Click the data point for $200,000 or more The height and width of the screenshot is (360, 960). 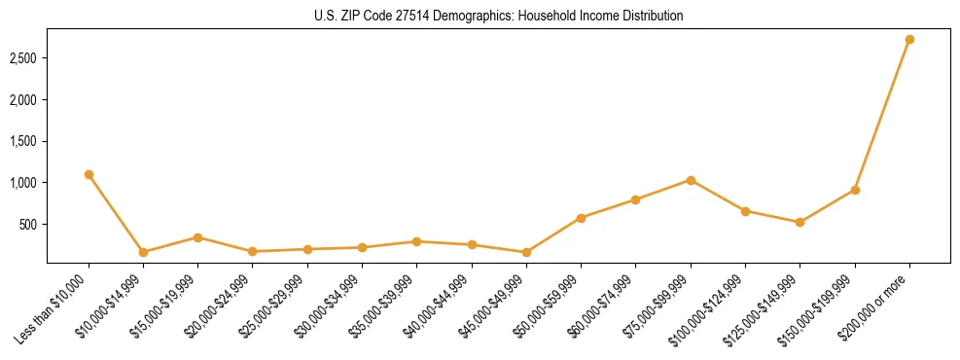click(909, 40)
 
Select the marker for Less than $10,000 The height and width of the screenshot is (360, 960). click(89, 174)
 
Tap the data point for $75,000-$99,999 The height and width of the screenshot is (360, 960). click(691, 180)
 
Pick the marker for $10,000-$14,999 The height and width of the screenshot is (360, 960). click(143, 252)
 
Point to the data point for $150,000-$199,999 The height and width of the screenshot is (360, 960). click(855, 190)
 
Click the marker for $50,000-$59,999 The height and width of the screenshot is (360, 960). click(581, 218)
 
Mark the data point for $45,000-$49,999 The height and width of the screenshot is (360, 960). click(526, 252)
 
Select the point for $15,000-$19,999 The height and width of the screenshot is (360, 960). click(197, 237)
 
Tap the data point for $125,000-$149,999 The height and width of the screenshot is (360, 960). click(800, 222)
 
